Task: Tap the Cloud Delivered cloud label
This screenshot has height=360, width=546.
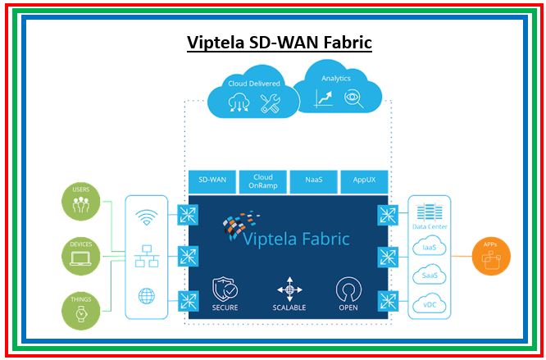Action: (253, 84)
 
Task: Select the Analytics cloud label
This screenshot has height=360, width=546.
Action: (336, 79)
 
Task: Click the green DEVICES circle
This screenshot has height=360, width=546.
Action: (81, 257)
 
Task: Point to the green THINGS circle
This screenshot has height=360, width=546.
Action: (81, 310)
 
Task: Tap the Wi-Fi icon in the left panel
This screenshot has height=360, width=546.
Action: (147, 217)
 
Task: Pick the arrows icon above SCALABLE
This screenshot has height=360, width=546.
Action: (289, 289)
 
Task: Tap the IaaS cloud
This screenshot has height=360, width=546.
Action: (429, 246)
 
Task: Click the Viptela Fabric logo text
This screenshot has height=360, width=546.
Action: (297, 239)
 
